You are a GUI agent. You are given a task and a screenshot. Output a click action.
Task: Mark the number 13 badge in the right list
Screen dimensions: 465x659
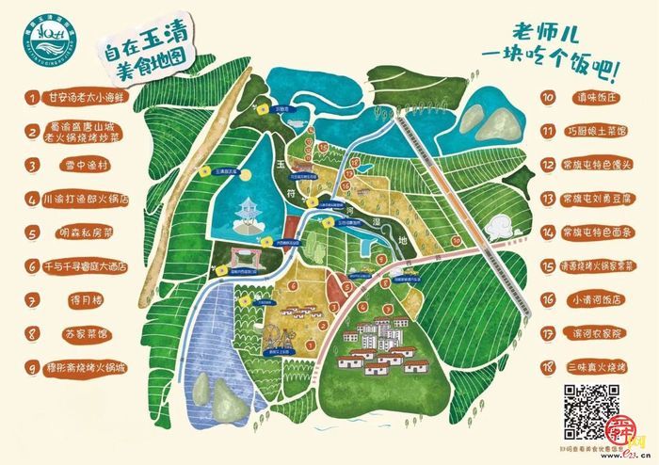[546, 199]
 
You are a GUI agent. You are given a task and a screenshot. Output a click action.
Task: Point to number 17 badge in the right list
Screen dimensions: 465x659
[546, 332]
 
